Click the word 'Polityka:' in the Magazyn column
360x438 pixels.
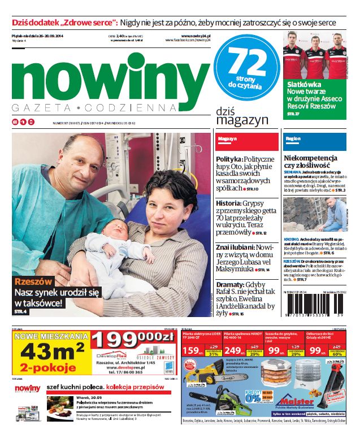point(229,160)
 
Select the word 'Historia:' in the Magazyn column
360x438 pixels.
point(229,203)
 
